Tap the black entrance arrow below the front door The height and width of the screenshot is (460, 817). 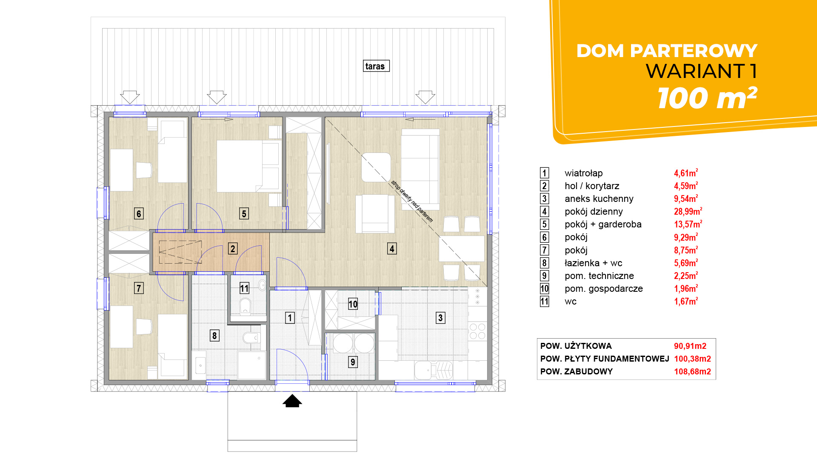coord(292,401)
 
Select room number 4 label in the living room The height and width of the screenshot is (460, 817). coord(392,249)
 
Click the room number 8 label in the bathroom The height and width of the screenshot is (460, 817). coord(214,336)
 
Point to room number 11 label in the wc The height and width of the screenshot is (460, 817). coord(244,288)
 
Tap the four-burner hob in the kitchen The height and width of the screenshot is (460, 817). coord(477,331)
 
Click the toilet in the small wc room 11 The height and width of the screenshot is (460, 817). coord(246,306)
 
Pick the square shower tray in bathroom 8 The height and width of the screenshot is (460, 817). coord(251,365)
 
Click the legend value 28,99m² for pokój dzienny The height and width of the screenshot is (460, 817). coord(688,211)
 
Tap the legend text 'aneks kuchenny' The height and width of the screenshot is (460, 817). coord(599,199)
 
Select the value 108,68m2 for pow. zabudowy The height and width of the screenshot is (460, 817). coord(692,371)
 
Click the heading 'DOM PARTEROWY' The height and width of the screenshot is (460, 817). coord(667,51)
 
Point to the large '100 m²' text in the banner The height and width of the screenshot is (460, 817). coord(707,98)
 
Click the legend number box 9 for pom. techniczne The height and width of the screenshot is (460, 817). coord(544,276)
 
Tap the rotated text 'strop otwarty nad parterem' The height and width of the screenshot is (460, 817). coord(412,201)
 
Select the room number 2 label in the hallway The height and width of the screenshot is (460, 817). coord(232,249)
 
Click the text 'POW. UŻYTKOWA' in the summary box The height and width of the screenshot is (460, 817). coord(576,346)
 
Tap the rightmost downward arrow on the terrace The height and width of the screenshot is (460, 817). coord(425,97)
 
